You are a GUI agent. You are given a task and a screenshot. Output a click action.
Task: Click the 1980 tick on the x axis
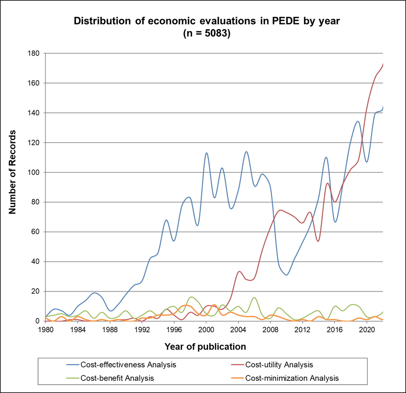[46, 329]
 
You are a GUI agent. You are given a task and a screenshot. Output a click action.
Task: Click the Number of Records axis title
[13, 172]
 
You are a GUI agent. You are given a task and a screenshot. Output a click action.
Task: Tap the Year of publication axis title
[205, 347]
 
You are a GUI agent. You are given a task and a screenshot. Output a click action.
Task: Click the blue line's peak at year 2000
[206, 153]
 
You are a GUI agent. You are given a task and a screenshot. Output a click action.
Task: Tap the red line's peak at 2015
[327, 183]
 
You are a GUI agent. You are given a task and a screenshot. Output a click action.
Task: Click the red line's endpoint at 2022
[383, 64]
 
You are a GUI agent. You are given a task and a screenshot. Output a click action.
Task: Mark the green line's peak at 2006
[254, 297]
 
